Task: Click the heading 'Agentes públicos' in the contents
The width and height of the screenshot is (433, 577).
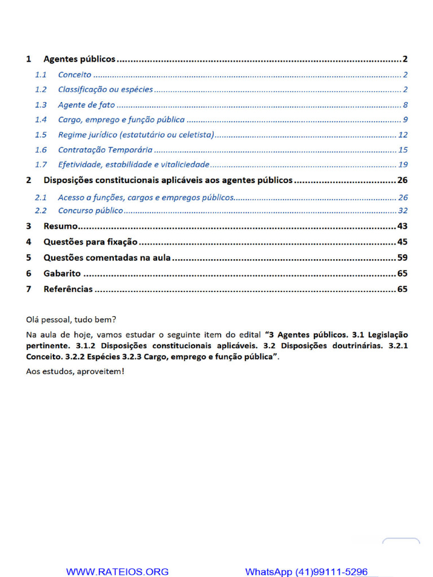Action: click(79, 59)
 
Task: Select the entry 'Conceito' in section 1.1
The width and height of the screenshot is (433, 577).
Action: click(74, 74)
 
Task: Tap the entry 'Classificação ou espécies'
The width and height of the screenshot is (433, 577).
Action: click(105, 90)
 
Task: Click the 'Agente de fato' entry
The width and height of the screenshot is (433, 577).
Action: click(86, 105)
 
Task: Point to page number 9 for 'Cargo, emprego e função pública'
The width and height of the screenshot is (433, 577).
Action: click(405, 119)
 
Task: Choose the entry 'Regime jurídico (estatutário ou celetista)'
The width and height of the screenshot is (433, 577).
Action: click(136, 135)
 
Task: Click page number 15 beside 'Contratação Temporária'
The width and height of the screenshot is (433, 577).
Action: click(403, 150)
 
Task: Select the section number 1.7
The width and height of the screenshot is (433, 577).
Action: click(41, 165)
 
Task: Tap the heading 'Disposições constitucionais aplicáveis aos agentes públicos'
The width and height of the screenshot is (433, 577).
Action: click(168, 180)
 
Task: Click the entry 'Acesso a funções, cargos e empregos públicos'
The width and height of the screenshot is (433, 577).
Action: click(145, 197)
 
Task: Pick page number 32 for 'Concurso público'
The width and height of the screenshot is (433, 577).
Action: click(403, 211)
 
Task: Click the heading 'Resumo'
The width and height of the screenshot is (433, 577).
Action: click(60, 227)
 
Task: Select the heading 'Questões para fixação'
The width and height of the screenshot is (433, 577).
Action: click(90, 242)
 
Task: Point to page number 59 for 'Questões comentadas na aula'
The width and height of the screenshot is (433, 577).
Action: click(403, 258)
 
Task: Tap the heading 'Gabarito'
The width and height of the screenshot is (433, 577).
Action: click(62, 274)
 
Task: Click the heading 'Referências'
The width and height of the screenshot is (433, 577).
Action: click(68, 289)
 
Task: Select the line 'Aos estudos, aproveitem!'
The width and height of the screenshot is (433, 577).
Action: click(75, 371)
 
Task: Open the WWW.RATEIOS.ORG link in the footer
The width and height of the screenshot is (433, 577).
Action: click(117, 571)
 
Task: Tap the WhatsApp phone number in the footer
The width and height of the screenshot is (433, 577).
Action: click(306, 571)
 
